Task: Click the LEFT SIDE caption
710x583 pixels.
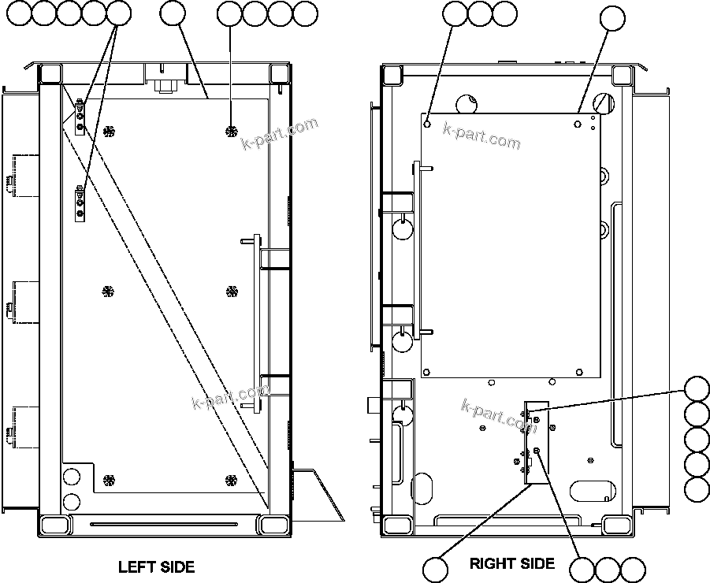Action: click(156, 566)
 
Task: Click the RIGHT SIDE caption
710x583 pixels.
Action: click(512, 563)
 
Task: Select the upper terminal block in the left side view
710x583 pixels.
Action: click(80, 116)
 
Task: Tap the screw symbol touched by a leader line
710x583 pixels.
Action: click(231, 130)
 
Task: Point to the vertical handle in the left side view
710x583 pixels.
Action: click(255, 322)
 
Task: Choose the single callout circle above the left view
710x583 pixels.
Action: click(172, 13)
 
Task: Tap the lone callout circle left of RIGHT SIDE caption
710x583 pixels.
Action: click(435, 569)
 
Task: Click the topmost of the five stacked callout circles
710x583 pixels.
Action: click(697, 389)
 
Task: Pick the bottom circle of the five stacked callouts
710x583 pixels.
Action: click(697, 488)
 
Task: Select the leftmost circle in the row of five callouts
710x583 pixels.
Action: click(18, 13)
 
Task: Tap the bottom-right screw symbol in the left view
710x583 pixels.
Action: click(231, 480)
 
